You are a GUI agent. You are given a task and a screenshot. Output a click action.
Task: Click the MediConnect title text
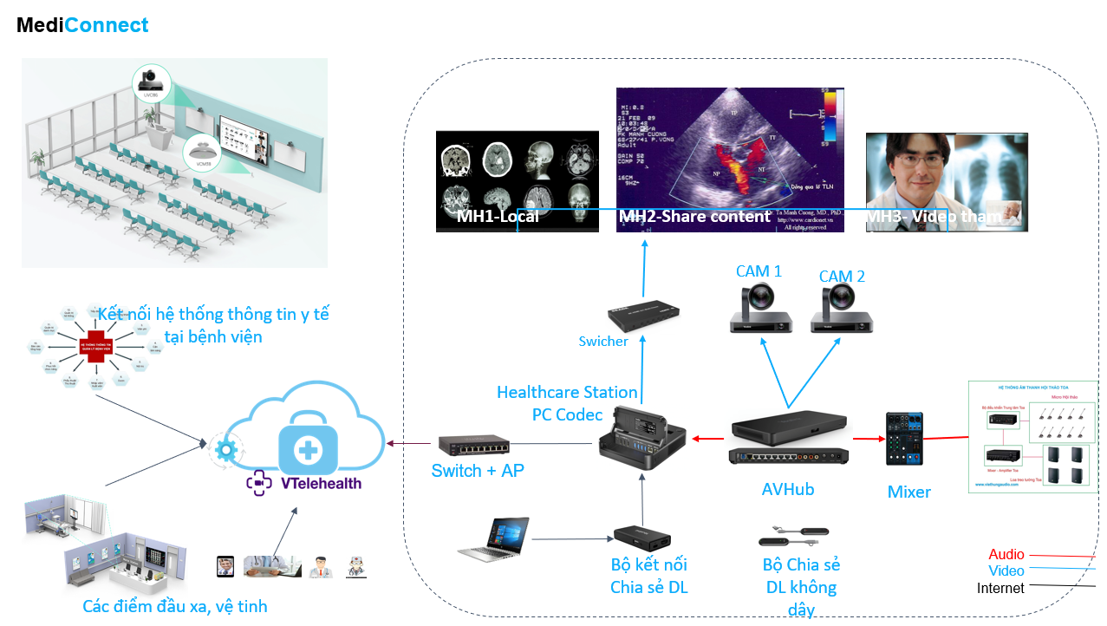click(83, 26)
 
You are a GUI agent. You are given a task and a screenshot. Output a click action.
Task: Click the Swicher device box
click(642, 316)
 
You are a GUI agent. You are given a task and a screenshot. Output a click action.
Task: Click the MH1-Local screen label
click(498, 217)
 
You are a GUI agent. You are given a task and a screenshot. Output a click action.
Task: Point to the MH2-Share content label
click(694, 217)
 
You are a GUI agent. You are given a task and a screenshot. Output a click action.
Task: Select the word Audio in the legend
click(1006, 555)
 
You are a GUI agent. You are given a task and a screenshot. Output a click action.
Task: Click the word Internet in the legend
click(1000, 589)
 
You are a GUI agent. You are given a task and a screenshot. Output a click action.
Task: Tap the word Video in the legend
click(1006, 571)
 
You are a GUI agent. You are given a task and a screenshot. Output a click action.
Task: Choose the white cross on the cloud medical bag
click(307, 448)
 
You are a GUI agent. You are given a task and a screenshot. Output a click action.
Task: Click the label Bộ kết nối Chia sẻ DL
click(648, 576)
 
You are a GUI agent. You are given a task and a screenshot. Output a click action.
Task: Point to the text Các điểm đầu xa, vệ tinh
click(175, 607)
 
